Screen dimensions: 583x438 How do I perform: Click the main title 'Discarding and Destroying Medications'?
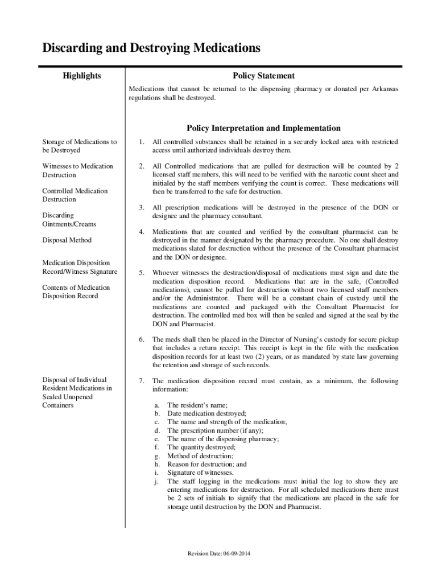[151, 48]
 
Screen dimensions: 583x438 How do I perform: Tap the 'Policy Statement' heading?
[263, 76]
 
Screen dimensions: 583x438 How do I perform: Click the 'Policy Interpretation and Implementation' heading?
[263, 128]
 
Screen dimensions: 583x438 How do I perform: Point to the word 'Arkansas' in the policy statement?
[383, 89]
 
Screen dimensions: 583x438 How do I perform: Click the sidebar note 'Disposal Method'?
[67, 240]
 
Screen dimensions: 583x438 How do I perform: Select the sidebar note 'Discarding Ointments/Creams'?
[69, 220]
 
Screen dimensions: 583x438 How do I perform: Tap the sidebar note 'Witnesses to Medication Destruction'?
[77, 171]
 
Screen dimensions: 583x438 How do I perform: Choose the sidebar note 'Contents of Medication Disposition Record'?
[76, 291]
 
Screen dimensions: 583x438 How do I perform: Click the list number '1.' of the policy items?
[142, 142]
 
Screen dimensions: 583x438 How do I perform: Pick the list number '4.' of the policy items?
[142, 232]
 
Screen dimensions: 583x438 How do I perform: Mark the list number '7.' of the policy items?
[142, 381]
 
